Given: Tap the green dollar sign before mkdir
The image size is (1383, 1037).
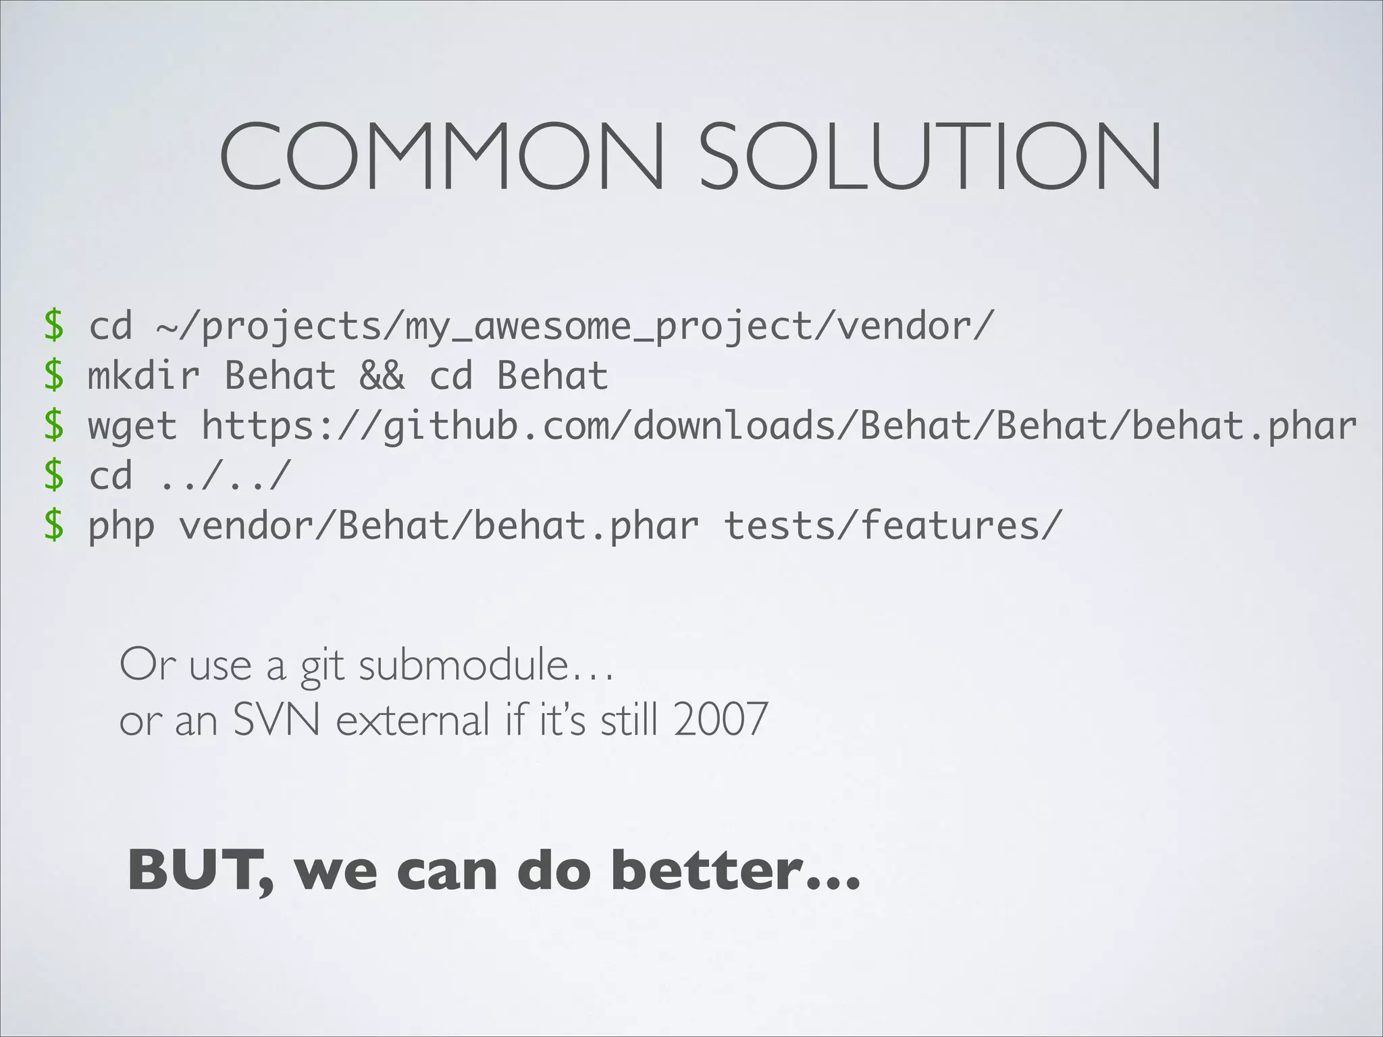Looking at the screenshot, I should (54, 375).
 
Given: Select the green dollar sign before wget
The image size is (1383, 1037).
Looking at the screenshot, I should (54, 425).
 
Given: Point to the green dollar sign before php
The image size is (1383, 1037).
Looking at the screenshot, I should (54, 525).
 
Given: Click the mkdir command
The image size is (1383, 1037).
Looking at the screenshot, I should (144, 375).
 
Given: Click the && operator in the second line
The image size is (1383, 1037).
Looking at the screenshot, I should (382, 375).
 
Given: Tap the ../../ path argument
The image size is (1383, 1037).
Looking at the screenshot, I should (224, 475).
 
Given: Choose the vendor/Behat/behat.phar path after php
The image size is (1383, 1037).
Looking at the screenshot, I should (438, 525).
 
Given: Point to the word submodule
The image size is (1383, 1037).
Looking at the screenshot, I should (464, 666).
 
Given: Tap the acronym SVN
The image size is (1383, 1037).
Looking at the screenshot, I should (276, 720).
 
